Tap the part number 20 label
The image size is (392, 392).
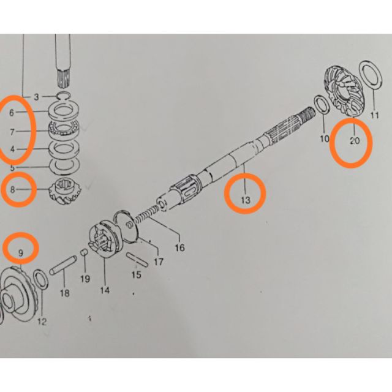point(355,140)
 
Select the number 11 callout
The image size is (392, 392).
point(375,115)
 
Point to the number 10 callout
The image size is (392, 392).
point(324,139)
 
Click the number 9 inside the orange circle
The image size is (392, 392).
point(20,252)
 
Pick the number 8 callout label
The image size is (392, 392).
point(12,190)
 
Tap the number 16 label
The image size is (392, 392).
point(179,248)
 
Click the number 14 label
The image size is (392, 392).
point(105,290)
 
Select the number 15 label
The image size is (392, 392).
point(137,275)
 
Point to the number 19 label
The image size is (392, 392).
point(85,279)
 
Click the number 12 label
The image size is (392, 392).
point(42,322)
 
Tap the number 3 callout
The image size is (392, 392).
point(36,97)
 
